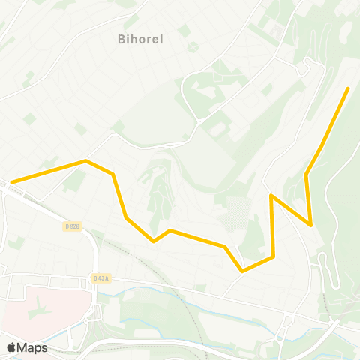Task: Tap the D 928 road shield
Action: pyautogui.click(x=72, y=226)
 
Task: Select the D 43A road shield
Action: pyautogui.click(x=101, y=277)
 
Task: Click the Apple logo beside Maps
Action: pyautogui.click(x=11, y=347)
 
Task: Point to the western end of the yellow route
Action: pyautogui.click(x=11, y=181)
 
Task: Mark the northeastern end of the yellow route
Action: pyautogui.click(x=348, y=88)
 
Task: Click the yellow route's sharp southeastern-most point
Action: pyautogui.click(x=310, y=224)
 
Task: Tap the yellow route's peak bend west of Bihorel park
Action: pyautogui.click(x=86, y=160)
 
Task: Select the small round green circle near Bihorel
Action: pyautogui.click(x=193, y=47)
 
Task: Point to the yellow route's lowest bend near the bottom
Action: pyautogui.click(x=242, y=271)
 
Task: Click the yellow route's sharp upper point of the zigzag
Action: pyautogui.click(x=271, y=195)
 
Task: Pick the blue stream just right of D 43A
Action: pyautogui.click(x=131, y=289)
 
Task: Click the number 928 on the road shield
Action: pyautogui.click(x=74, y=226)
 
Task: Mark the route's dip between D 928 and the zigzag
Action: pyautogui.click(x=154, y=241)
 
